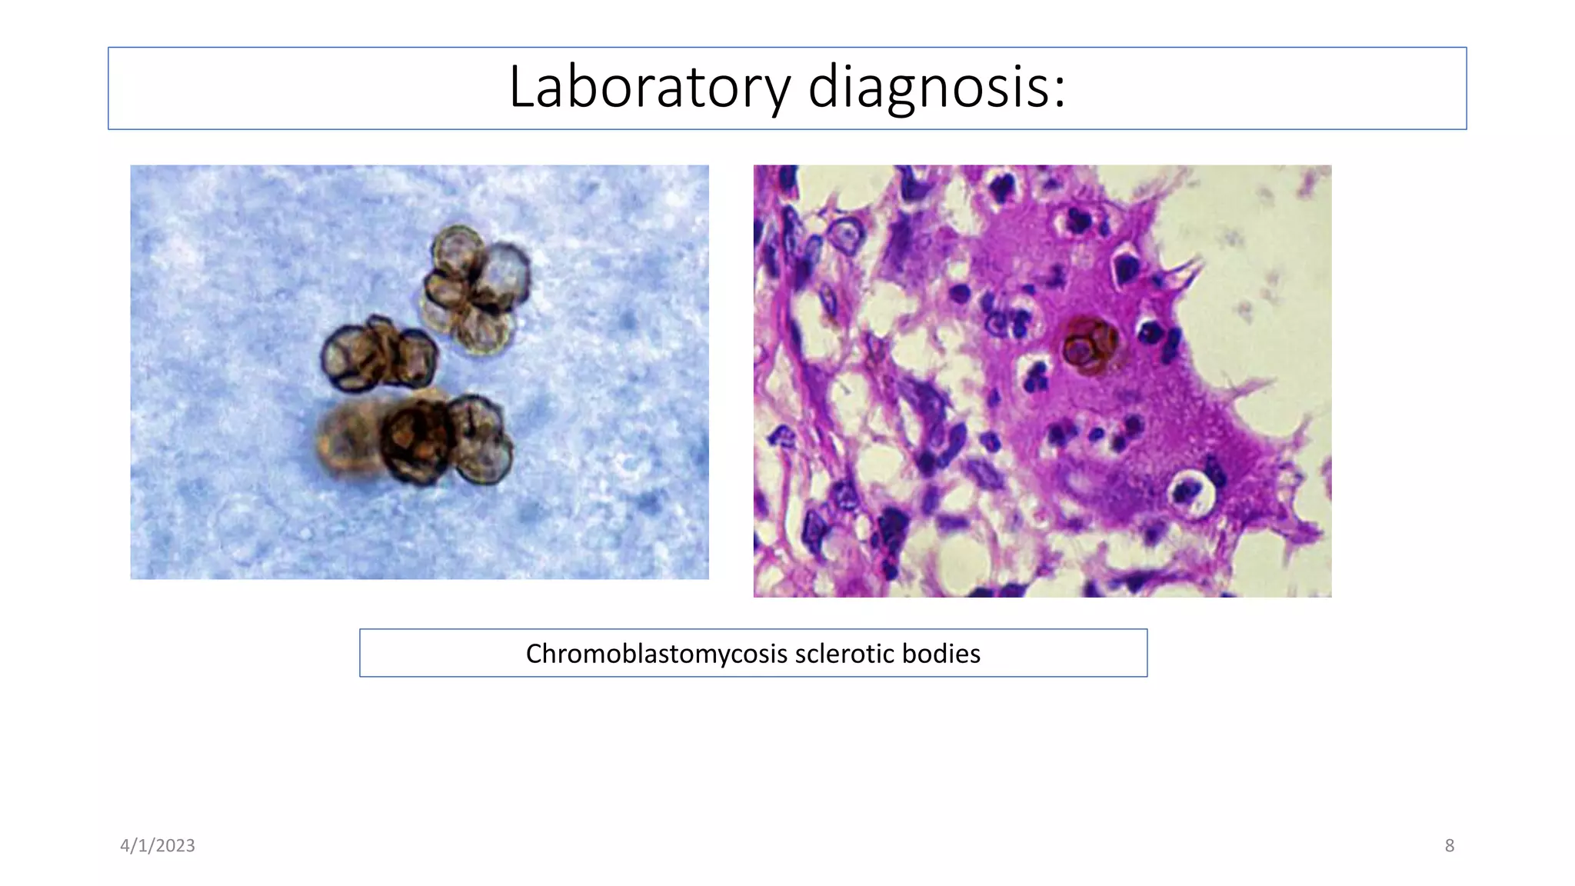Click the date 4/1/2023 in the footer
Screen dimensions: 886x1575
pyautogui.click(x=158, y=845)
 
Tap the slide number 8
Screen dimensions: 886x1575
pyautogui.click(x=1449, y=845)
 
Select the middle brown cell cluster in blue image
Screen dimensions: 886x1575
pyautogui.click(x=378, y=356)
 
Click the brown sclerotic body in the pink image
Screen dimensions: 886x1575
pyautogui.click(x=1088, y=346)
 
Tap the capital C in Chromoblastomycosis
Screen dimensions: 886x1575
pyautogui.click(x=534, y=654)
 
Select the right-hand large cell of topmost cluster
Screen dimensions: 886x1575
pyautogui.click(x=504, y=273)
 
